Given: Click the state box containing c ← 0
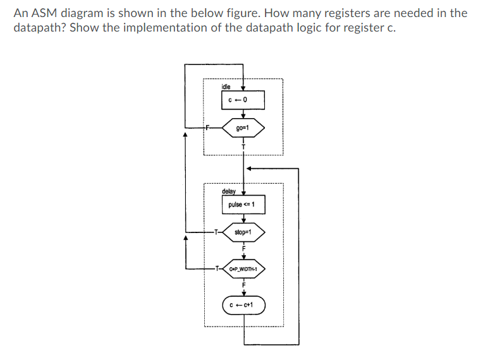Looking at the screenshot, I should click(x=243, y=100).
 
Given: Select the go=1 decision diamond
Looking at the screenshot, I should click(x=243, y=128).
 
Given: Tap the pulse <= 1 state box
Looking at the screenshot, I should click(x=243, y=205).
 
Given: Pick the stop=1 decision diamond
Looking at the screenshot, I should click(x=243, y=232).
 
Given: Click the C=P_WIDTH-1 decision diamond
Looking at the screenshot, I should click(x=243, y=268).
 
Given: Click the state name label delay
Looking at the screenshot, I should click(x=228, y=191).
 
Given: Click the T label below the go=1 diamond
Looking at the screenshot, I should click(x=243, y=146).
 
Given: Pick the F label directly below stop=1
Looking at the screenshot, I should click(x=243, y=248).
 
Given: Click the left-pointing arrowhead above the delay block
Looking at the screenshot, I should click(x=249, y=169).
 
